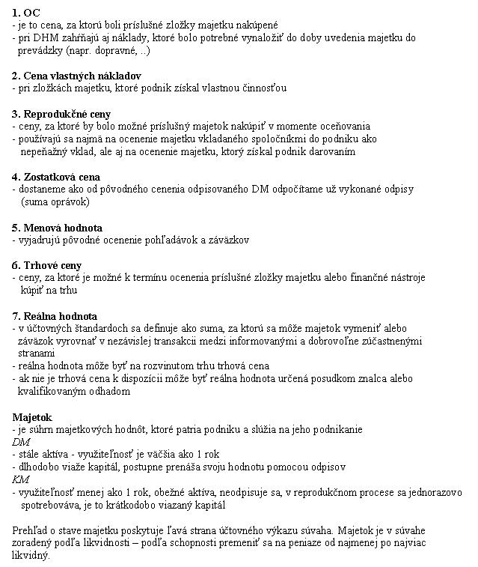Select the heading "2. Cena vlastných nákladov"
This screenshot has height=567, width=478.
76,76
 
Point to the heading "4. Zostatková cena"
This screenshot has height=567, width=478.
56,177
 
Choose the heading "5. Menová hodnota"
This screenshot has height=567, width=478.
58,228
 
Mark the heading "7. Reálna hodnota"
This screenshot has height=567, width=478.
55,316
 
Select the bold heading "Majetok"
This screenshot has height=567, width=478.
31,416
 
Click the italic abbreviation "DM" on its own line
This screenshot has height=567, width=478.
21,442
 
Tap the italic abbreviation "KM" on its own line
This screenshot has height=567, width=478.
21,479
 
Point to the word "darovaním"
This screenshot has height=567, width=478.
331,151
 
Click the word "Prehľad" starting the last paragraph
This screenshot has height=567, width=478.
31,530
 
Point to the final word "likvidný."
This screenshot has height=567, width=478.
31,556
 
